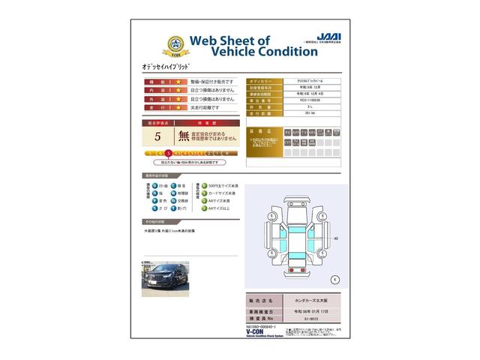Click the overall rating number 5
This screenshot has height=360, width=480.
pyautogui.click(x=157, y=136)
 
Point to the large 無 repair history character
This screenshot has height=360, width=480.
pyautogui.click(x=184, y=136)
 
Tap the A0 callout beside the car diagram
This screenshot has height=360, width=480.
pyautogui.click(x=335, y=238)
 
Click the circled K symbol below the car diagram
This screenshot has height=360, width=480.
pyautogui.click(x=334, y=278)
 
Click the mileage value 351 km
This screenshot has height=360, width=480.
pyautogui.click(x=307, y=115)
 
